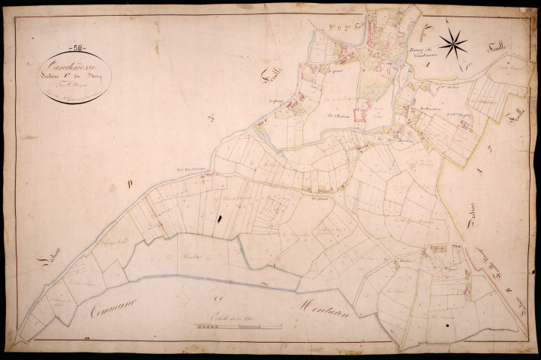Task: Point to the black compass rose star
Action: coord(452,44)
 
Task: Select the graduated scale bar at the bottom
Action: coord(239,326)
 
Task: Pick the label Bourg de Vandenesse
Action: coord(425,54)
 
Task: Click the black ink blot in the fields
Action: coord(221,218)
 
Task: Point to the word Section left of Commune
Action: coord(47,268)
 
